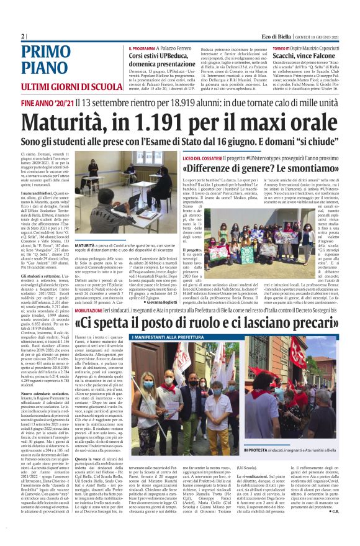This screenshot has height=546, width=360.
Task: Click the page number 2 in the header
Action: click(x=23, y=36)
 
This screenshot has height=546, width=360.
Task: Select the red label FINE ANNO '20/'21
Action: click(x=47, y=102)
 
